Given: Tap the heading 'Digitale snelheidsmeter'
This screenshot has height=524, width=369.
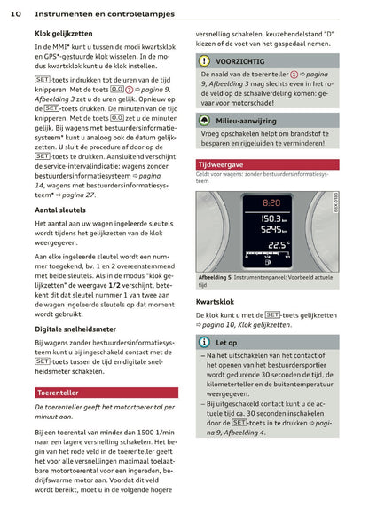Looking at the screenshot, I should pyautogui.click(x=76, y=329).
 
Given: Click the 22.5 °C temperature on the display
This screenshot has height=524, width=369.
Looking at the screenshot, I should pyautogui.click(x=277, y=244).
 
